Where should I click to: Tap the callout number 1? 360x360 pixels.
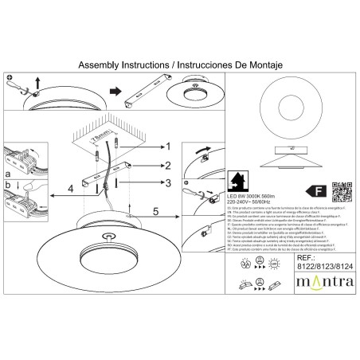pyautogui.click(x=168, y=146)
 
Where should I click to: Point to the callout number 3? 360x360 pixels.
pyautogui.click(x=168, y=183)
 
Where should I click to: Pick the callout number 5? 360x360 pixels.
pyautogui.click(x=155, y=212)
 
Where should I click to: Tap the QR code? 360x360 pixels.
pyautogui.click(x=342, y=192)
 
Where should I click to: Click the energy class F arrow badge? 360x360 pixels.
pyautogui.click(x=316, y=191)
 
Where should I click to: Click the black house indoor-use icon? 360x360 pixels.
pyautogui.click(x=237, y=178)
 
